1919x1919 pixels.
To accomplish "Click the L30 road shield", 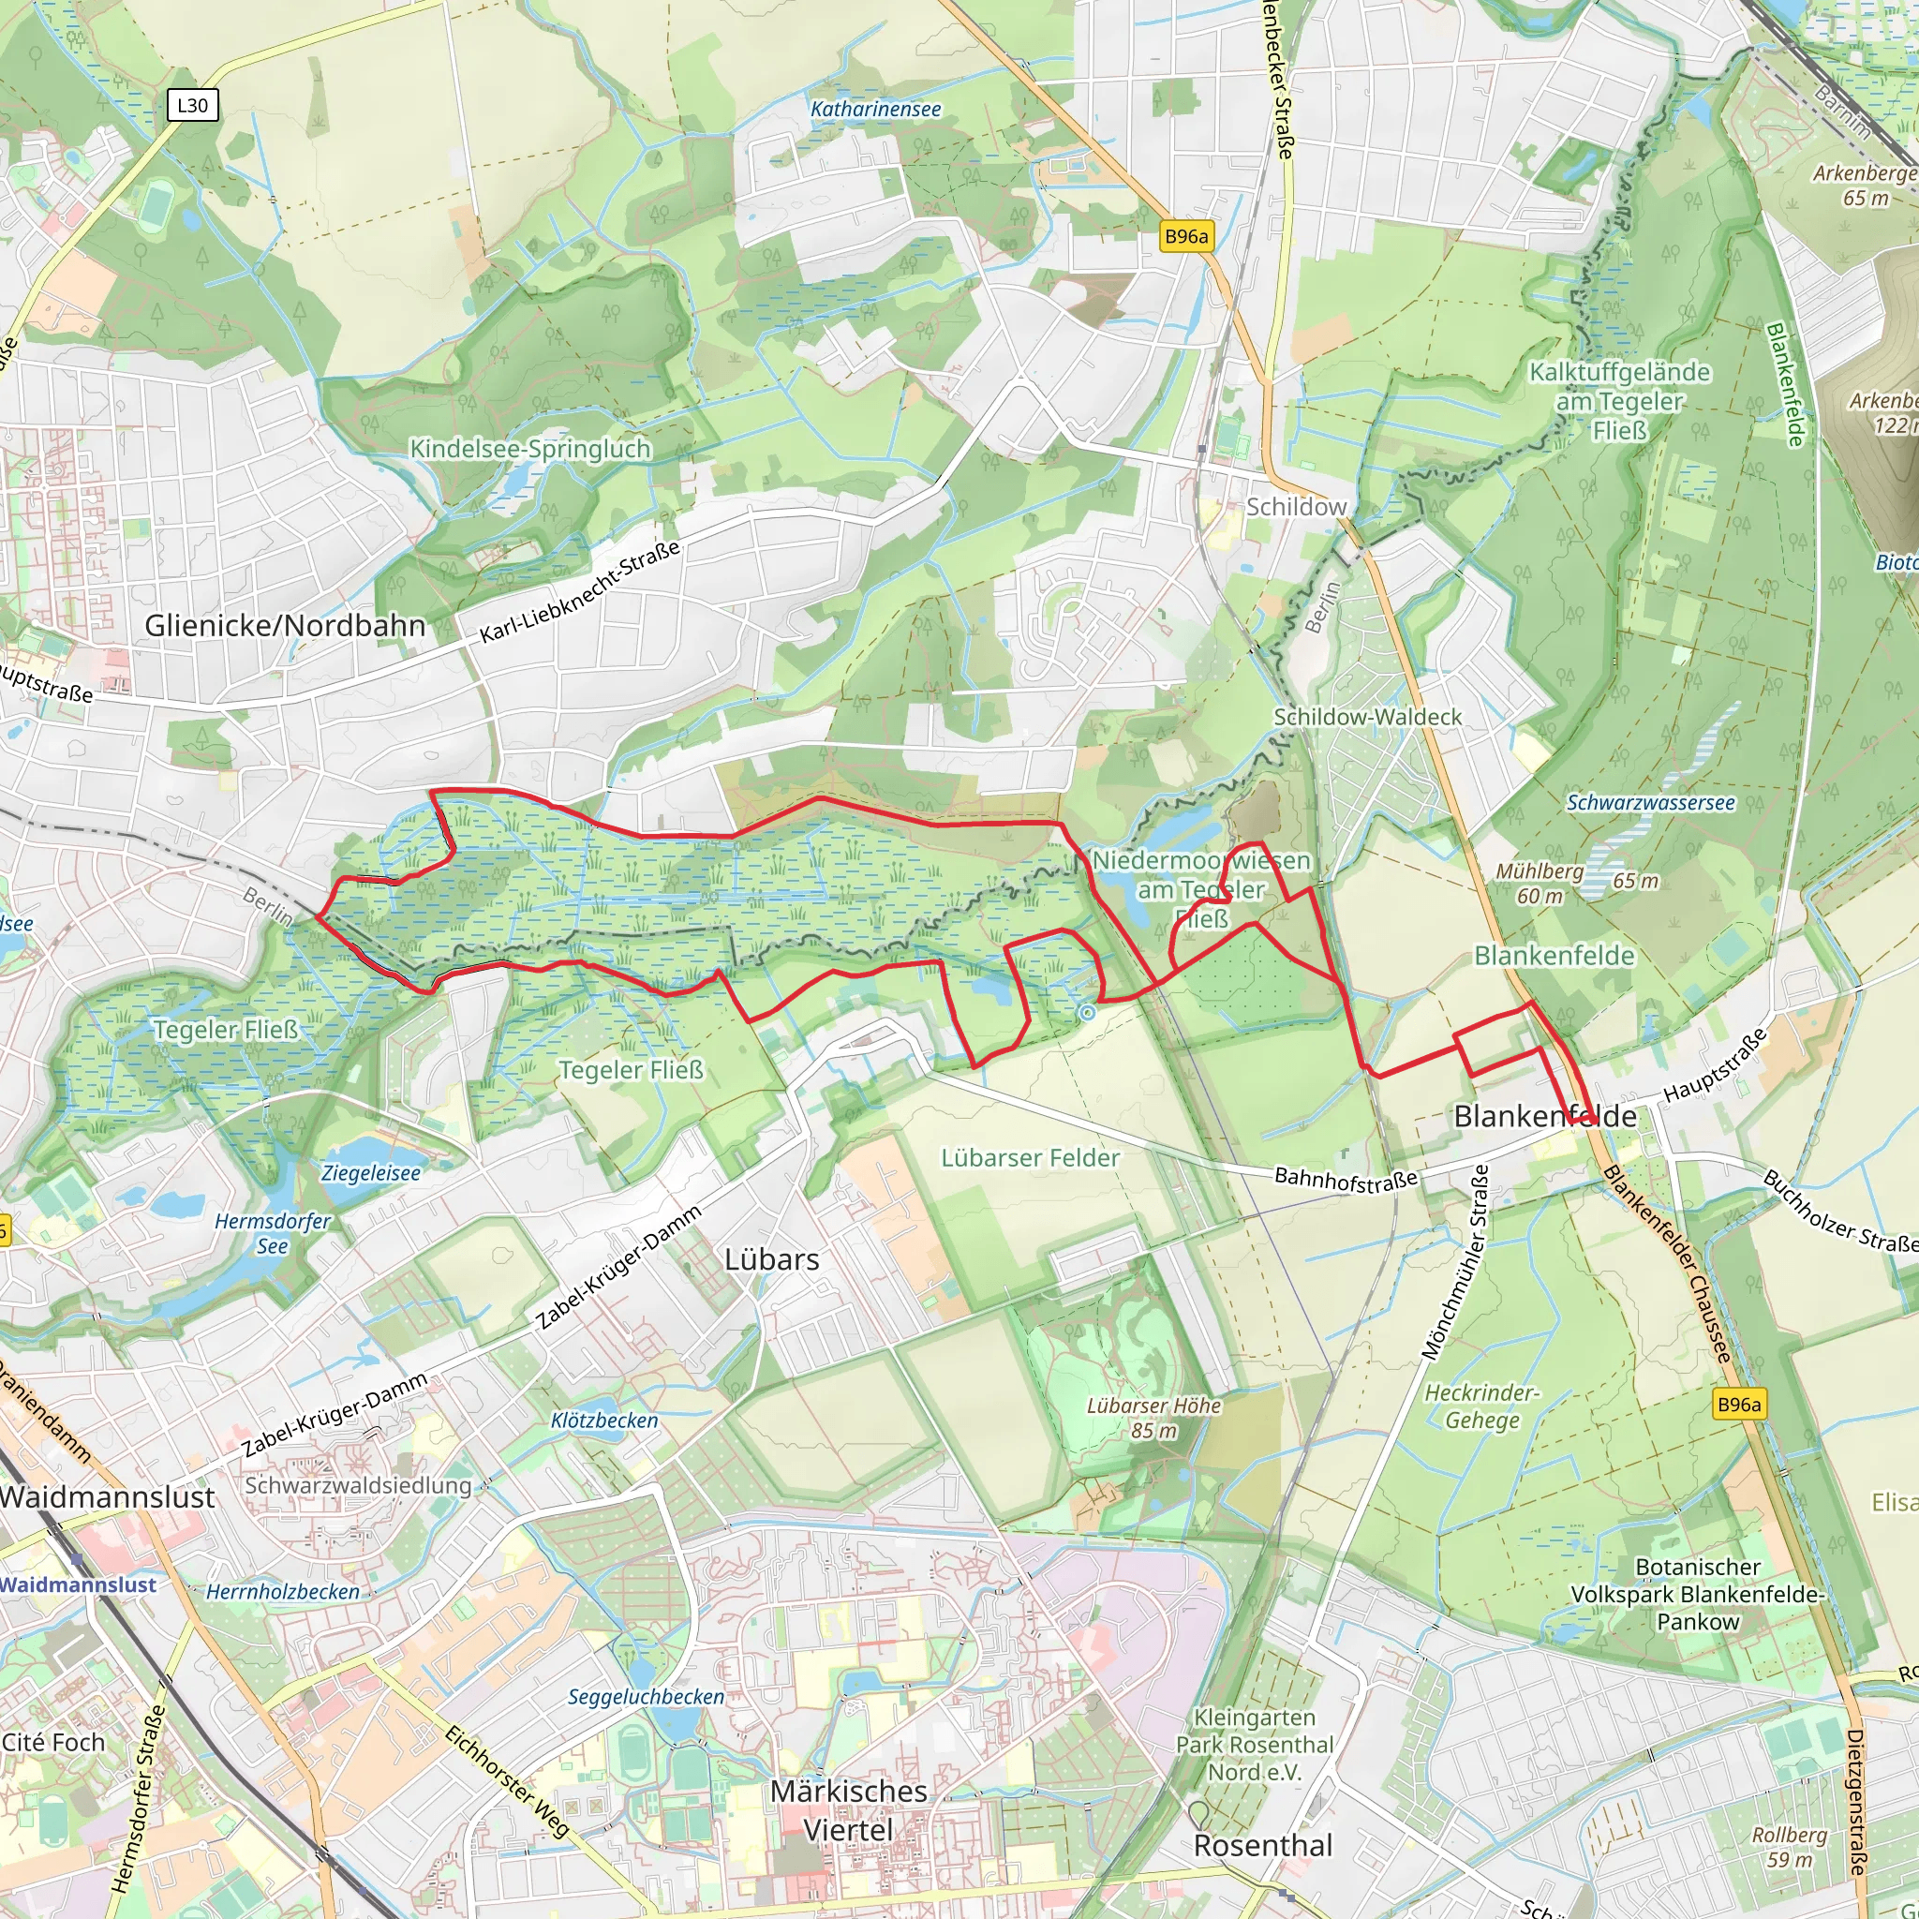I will coord(193,105).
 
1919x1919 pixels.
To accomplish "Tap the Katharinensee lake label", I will coord(875,110).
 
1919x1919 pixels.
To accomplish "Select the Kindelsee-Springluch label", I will coord(530,449).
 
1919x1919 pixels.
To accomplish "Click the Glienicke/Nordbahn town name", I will coord(285,626).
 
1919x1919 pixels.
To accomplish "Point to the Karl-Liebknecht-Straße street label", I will coord(580,592).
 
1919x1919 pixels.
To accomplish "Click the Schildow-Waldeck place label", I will coord(1368,717).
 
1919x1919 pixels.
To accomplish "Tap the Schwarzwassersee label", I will coord(1651,803).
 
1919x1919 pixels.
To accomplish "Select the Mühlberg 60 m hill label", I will coord(1540,883).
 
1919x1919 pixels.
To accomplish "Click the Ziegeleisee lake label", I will coord(370,1173).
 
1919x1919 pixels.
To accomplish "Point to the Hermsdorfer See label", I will coord(274,1234).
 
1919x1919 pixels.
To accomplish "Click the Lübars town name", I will coord(772,1259).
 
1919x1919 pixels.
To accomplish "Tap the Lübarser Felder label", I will coord(1030,1158).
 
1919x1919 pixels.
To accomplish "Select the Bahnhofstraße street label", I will coord(1345,1179).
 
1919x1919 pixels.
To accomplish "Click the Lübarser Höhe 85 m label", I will coord(1153,1419).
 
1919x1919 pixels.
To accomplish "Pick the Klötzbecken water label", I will coord(604,1421).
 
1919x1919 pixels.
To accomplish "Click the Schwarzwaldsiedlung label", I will coord(358,1486).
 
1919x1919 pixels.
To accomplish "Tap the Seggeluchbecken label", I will coord(646,1697).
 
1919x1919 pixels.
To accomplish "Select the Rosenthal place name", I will coord(1262,1846).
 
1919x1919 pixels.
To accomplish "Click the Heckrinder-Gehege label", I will coord(1481,1406).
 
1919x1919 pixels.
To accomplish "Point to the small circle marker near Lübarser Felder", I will coord(1087,1013).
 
